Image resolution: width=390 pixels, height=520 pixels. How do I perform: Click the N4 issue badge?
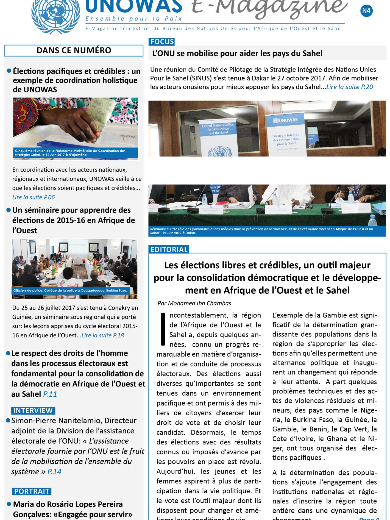[366, 11]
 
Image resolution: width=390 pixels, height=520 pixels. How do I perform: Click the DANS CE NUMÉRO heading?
[74, 51]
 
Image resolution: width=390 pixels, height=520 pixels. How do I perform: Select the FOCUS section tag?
[162, 42]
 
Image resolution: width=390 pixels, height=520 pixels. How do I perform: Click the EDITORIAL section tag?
[169, 249]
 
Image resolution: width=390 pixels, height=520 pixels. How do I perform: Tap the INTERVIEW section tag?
[33, 411]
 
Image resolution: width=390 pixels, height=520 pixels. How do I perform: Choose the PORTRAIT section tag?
[32, 491]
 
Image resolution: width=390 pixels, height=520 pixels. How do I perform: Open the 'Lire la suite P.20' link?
[350, 87]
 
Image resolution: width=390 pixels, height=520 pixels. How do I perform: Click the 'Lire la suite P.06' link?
[34, 197]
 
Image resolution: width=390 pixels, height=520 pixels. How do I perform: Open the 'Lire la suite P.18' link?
[103, 335]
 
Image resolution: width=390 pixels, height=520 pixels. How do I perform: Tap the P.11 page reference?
[50, 394]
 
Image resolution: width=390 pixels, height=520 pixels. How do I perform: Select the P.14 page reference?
[54, 472]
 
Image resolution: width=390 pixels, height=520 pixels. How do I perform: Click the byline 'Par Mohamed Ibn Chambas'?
[194, 303]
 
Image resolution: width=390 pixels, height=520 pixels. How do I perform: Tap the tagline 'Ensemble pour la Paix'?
[134, 19]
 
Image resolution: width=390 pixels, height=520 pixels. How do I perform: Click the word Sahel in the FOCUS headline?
[311, 53]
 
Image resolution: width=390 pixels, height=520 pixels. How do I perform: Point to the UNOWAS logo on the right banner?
[285, 120]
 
